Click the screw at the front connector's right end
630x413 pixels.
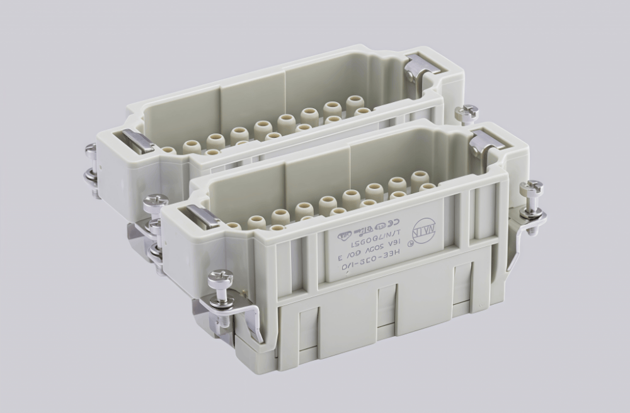(x=531, y=188)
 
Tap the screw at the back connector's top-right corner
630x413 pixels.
(x=467, y=114)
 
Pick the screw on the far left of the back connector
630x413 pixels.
(x=91, y=152)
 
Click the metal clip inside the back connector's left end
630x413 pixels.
(x=138, y=142)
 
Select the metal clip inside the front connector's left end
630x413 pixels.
(x=203, y=216)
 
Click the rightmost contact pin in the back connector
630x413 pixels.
(x=355, y=104)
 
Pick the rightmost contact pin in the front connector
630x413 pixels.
(x=420, y=179)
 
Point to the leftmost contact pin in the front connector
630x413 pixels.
(x=234, y=225)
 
